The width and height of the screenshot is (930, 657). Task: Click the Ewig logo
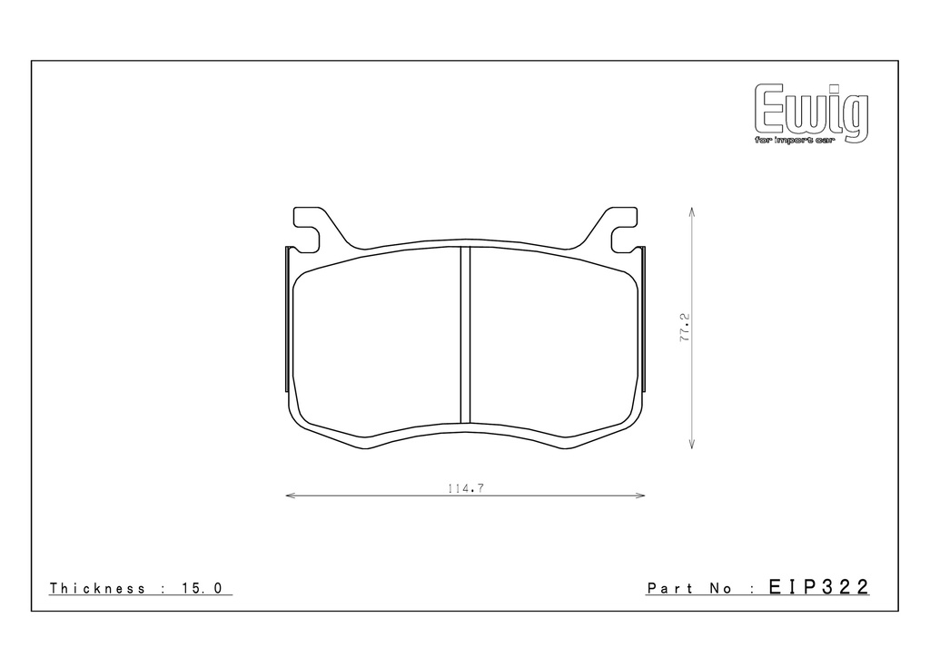(811, 113)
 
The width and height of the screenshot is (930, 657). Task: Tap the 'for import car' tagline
(794, 141)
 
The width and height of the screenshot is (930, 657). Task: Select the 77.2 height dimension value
(685, 328)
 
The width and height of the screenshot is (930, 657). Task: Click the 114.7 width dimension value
(466, 489)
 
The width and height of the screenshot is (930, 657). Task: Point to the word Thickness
(97, 588)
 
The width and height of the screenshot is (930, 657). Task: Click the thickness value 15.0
(203, 588)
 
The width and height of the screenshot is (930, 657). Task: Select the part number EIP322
(818, 587)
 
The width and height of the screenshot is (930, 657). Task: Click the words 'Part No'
(689, 588)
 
